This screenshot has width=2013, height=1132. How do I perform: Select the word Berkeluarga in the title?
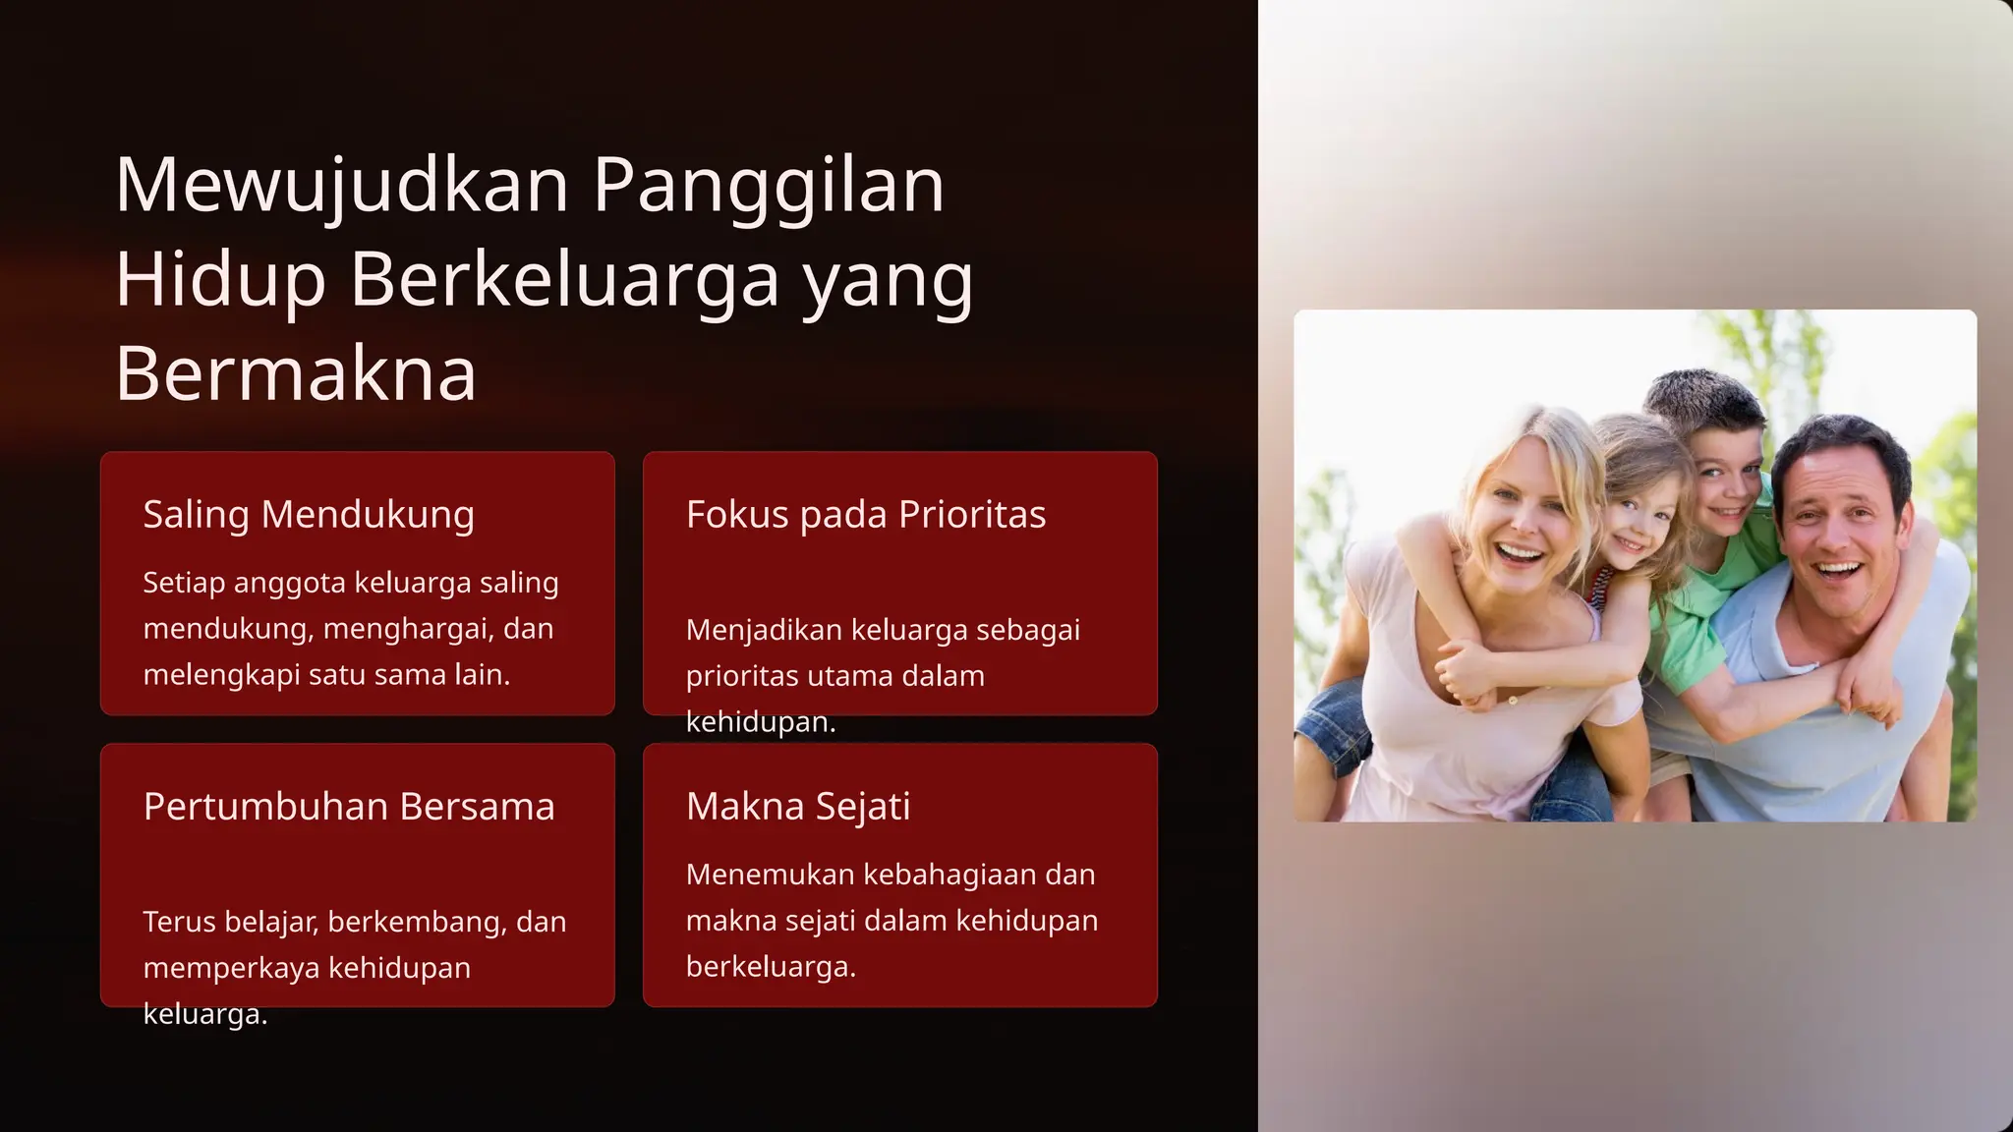pos(565,279)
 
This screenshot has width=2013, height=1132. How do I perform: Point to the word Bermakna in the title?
pos(296,373)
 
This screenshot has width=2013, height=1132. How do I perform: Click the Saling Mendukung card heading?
pos(309,514)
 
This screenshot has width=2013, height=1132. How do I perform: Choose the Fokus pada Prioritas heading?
pos(866,514)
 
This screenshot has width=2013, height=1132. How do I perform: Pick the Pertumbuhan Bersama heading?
pos(349,806)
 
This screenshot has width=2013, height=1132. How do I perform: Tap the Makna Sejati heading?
pos(798,806)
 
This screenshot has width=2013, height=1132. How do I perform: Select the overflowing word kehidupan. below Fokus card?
pos(761,722)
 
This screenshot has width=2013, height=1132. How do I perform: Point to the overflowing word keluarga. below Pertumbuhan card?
pos(205,1014)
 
